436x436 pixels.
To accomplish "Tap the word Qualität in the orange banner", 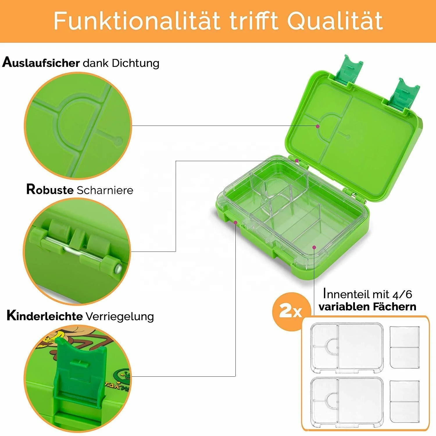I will [335, 21].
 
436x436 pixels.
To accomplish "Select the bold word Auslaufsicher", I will [41, 63].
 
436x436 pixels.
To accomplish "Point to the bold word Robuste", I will [50, 190].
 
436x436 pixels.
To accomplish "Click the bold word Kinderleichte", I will [44, 316].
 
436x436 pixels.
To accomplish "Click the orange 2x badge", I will [291, 312].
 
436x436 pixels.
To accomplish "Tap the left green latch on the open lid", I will [350, 70].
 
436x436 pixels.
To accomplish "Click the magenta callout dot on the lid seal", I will [318, 126].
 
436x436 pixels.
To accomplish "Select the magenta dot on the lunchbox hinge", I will [297, 161].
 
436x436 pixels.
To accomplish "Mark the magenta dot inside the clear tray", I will [314, 247].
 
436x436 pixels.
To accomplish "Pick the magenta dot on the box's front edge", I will [235, 223].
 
